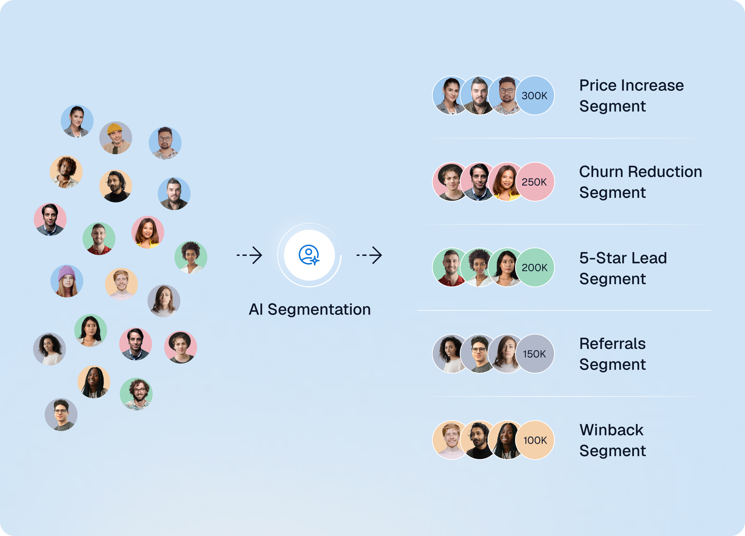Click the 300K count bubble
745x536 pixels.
coord(535,95)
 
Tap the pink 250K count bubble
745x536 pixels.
coord(535,182)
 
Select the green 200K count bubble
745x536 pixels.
coord(535,267)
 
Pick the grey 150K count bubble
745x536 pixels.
coord(535,354)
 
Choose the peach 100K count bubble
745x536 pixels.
coord(535,440)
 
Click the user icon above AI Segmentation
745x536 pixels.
coord(309,255)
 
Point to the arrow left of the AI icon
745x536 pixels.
coord(249,255)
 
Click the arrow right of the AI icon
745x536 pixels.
coord(369,255)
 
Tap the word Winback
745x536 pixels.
coord(611,430)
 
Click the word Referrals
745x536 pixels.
coord(612,344)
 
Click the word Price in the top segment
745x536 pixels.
coord(598,85)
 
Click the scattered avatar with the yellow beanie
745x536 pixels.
coord(116,138)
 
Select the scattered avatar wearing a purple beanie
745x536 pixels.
coord(67,281)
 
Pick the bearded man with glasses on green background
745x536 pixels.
coord(136,394)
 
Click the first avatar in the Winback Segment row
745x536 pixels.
coord(452,440)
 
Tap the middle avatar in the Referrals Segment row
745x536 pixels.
coord(479,354)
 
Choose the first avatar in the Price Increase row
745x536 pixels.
coord(452,95)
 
